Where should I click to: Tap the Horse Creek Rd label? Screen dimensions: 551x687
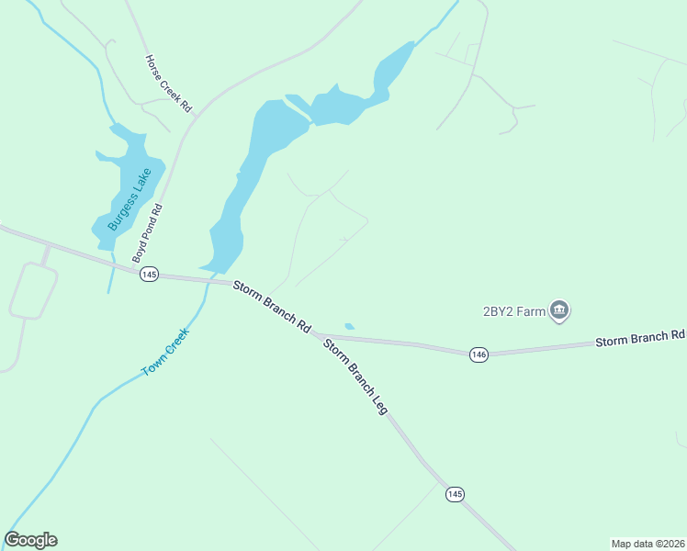168,83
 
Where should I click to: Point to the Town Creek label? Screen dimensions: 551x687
164,352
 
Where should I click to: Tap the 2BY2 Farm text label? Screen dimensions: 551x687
513,310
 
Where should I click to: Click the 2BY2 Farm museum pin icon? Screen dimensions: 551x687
559,311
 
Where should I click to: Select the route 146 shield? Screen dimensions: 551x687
478,354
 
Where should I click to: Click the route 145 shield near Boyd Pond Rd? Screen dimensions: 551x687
150,275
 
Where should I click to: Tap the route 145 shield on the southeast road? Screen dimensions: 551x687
455,494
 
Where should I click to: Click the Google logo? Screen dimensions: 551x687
31,540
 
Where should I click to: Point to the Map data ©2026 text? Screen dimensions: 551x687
648,543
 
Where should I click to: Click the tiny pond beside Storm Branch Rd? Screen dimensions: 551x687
349,326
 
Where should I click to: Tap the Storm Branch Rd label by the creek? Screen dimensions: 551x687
272,306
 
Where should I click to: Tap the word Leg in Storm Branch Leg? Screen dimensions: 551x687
378,404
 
